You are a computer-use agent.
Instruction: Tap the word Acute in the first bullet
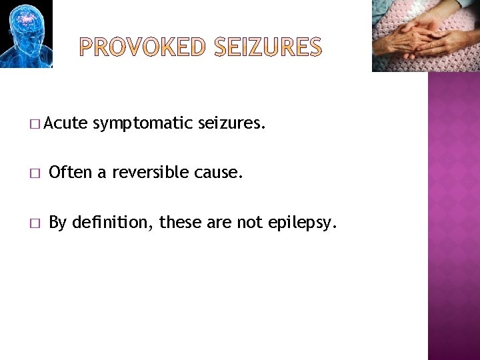[66, 123]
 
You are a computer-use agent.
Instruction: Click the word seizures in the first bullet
[232, 123]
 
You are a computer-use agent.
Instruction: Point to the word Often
[71, 173]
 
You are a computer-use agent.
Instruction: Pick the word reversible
[151, 173]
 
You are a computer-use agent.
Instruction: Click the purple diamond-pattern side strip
[453, 213]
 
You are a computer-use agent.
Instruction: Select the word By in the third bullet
[57, 223]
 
